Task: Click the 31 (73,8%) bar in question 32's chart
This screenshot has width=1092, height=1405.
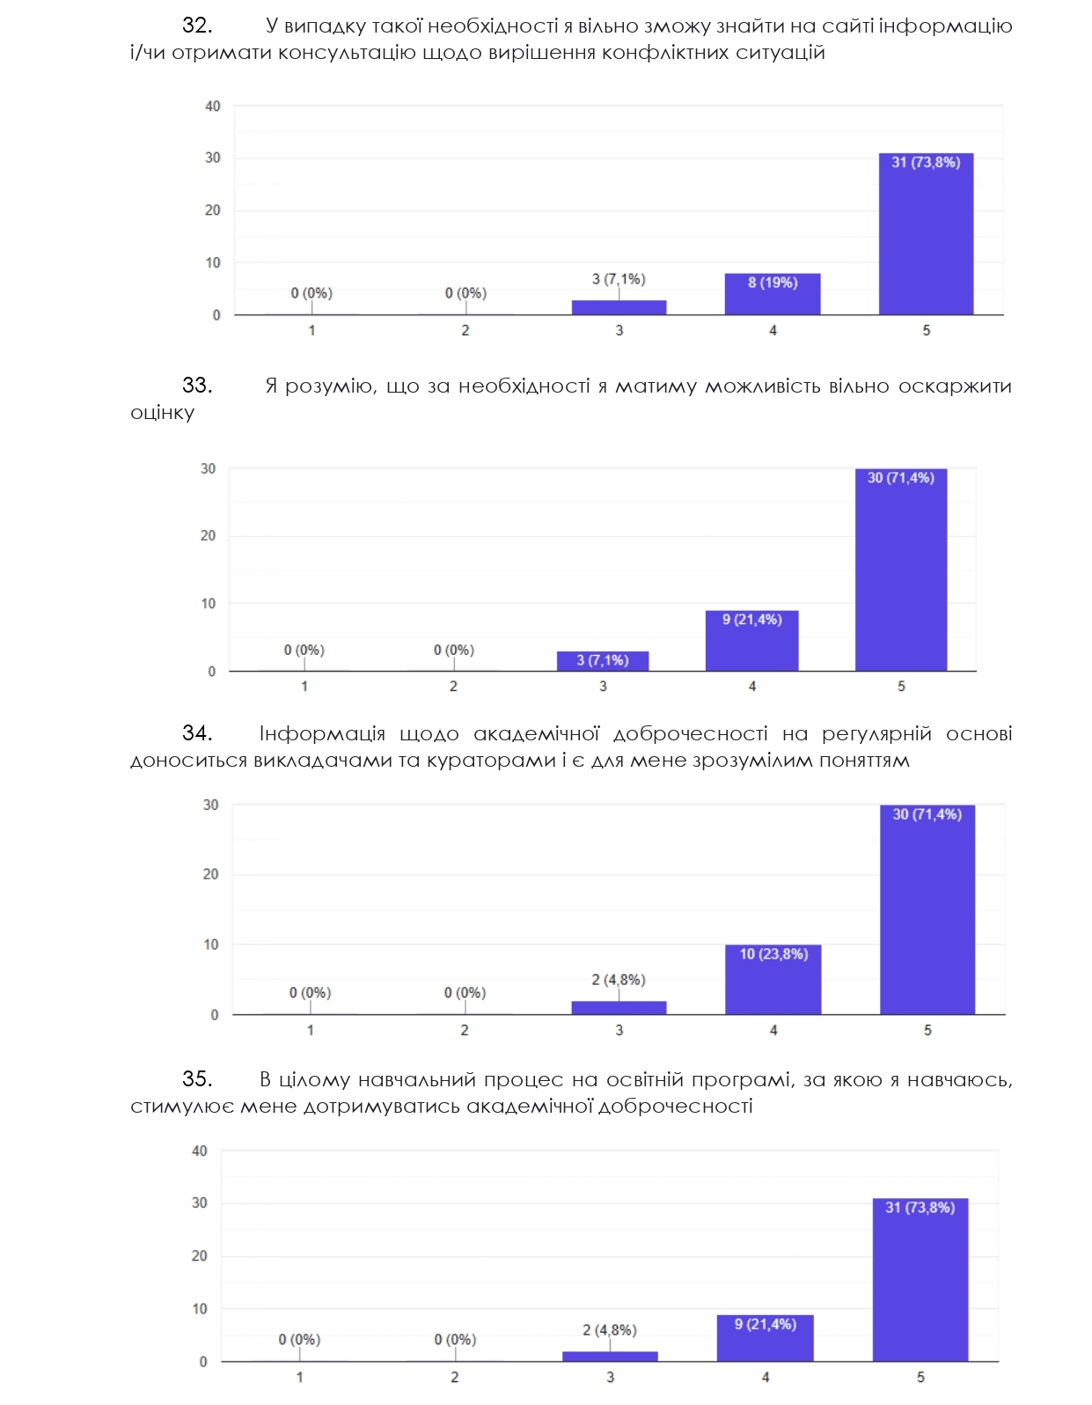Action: click(926, 234)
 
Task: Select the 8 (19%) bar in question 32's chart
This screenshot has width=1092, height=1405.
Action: click(773, 294)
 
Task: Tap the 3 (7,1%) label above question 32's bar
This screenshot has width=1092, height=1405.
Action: click(619, 279)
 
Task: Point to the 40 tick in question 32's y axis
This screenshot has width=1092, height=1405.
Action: click(213, 106)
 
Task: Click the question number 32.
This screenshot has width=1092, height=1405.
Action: click(197, 26)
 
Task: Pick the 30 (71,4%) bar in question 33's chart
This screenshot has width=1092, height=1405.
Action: click(901, 570)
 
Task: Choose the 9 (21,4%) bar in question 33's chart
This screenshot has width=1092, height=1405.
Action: click(751, 641)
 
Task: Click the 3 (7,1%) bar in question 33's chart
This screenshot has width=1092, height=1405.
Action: click(603, 661)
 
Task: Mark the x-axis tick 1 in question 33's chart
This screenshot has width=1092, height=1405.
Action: click(304, 686)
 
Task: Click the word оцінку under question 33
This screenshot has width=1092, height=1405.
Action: click(162, 413)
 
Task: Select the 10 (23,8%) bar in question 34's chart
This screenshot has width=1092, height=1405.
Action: click(773, 979)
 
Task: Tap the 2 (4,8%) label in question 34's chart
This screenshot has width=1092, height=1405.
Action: click(619, 980)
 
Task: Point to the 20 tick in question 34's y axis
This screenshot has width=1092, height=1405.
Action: click(210, 874)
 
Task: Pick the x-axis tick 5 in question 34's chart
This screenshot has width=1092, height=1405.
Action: click(927, 1030)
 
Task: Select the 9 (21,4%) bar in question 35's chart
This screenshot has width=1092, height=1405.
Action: click(765, 1338)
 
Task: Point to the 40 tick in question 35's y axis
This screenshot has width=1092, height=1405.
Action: click(199, 1151)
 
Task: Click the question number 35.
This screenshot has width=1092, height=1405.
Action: click(197, 1078)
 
